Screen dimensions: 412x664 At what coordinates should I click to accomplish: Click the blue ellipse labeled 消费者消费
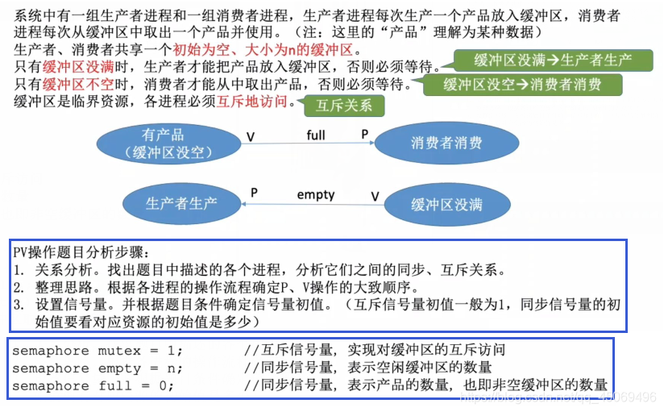click(446, 143)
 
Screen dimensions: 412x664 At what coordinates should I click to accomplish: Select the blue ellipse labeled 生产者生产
click(181, 203)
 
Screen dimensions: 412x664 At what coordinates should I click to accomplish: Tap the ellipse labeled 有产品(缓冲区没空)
click(163, 143)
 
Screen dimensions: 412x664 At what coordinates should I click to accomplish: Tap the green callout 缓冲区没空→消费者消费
click(523, 85)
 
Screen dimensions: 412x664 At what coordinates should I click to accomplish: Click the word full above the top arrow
click(316, 135)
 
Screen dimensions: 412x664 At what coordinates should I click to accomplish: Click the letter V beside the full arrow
click(251, 137)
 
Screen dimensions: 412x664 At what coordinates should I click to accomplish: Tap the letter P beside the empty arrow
click(254, 194)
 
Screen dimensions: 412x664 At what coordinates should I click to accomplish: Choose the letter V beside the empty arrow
click(375, 196)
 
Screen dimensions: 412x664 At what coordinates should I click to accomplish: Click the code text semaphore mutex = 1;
click(98, 351)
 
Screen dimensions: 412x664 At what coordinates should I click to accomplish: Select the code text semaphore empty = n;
click(98, 368)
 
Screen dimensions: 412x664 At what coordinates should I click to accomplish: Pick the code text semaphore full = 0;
click(93, 386)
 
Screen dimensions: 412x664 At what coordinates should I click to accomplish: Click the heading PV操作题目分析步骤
click(81, 252)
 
